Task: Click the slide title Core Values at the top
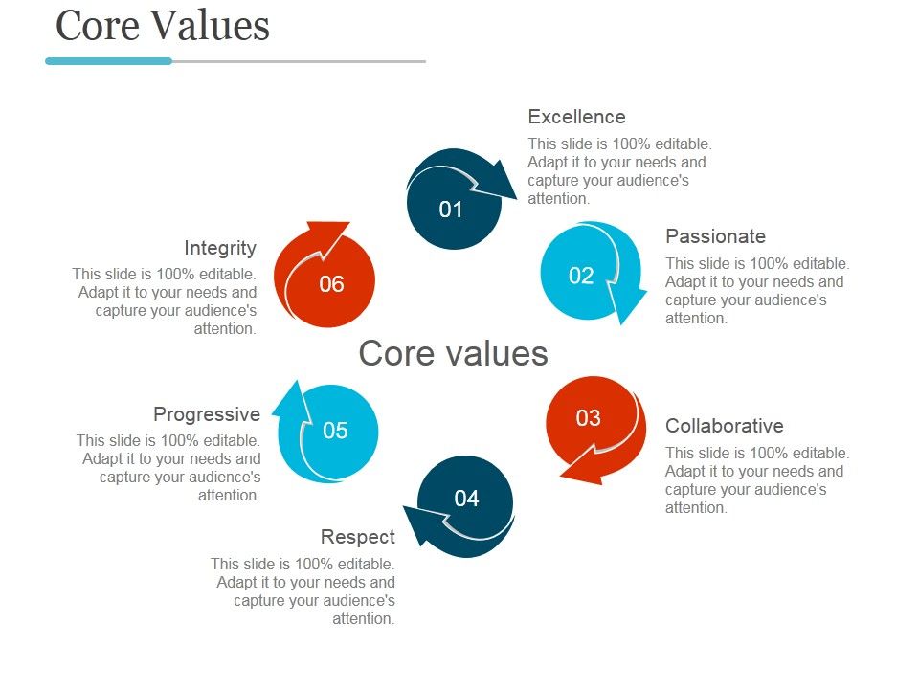pyautogui.click(x=163, y=26)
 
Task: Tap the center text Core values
pyautogui.click(x=453, y=353)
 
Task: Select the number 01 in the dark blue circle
pyautogui.click(x=451, y=210)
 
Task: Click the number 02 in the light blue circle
pyautogui.click(x=581, y=277)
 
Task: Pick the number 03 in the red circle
pyautogui.click(x=588, y=418)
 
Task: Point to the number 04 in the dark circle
pyautogui.click(x=466, y=499)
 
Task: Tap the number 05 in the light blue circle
pyautogui.click(x=335, y=431)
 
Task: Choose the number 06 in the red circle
pyautogui.click(x=331, y=284)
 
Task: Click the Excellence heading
pyautogui.click(x=576, y=117)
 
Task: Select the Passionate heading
pyautogui.click(x=715, y=236)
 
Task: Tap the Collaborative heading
pyautogui.click(x=724, y=426)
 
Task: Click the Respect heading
pyautogui.click(x=358, y=537)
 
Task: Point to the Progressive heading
pyautogui.click(x=207, y=414)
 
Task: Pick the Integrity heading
pyautogui.click(x=220, y=248)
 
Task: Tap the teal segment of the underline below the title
pyautogui.click(x=108, y=61)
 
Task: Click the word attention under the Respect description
pyautogui.click(x=363, y=619)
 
